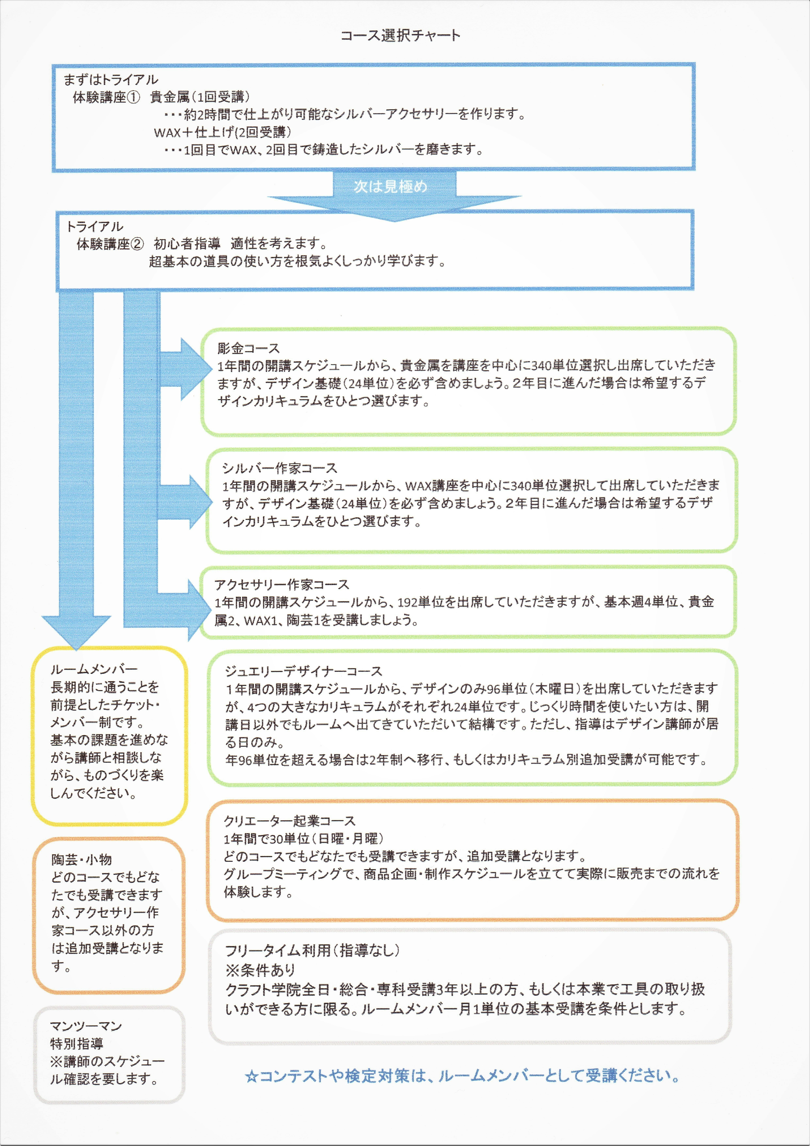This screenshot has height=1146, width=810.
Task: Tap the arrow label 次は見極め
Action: (390, 186)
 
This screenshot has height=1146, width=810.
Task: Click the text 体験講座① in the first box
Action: (107, 97)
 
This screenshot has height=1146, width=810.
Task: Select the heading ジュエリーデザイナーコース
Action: (303, 671)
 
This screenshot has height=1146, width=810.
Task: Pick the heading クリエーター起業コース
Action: (290, 821)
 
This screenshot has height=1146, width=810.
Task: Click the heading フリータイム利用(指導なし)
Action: (312, 950)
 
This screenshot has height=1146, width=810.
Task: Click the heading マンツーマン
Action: (86, 1026)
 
